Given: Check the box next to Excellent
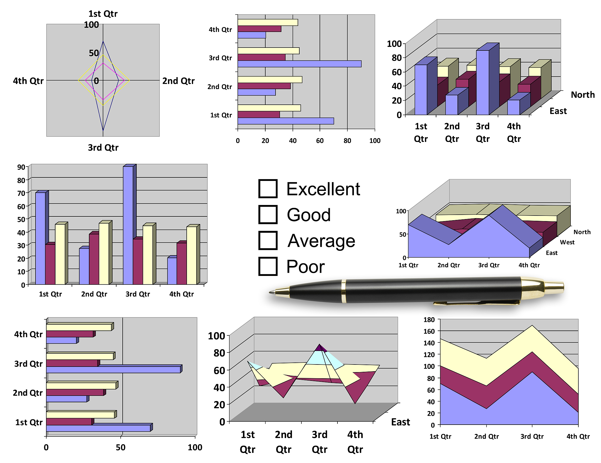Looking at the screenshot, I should tap(268, 189).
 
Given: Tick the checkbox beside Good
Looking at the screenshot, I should tap(268, 215).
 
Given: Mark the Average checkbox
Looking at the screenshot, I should tap(268, 240).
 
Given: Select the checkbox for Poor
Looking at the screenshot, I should tap(268, 266).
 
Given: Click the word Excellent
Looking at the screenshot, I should tap(323, 189).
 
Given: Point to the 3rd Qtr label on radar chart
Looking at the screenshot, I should tap(103, 147).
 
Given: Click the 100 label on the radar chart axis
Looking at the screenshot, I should tap(91, 25).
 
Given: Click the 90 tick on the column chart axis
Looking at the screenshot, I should tap(21, 167).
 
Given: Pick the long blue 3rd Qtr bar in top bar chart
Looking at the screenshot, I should tap(299, 64).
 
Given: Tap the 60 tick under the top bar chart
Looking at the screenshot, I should tap(320, 141).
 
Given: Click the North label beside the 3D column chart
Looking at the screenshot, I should tap(583, 95).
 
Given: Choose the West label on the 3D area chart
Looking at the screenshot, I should tap(567, 242).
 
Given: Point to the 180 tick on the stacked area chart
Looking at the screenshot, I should tap(429, 320).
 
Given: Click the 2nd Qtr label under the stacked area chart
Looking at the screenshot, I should tap(486, 436).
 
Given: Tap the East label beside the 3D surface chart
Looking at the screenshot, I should tap(400, 422).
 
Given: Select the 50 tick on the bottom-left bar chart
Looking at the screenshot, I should tap(121, 447).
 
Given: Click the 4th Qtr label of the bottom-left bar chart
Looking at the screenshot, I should tap(28, 334).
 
